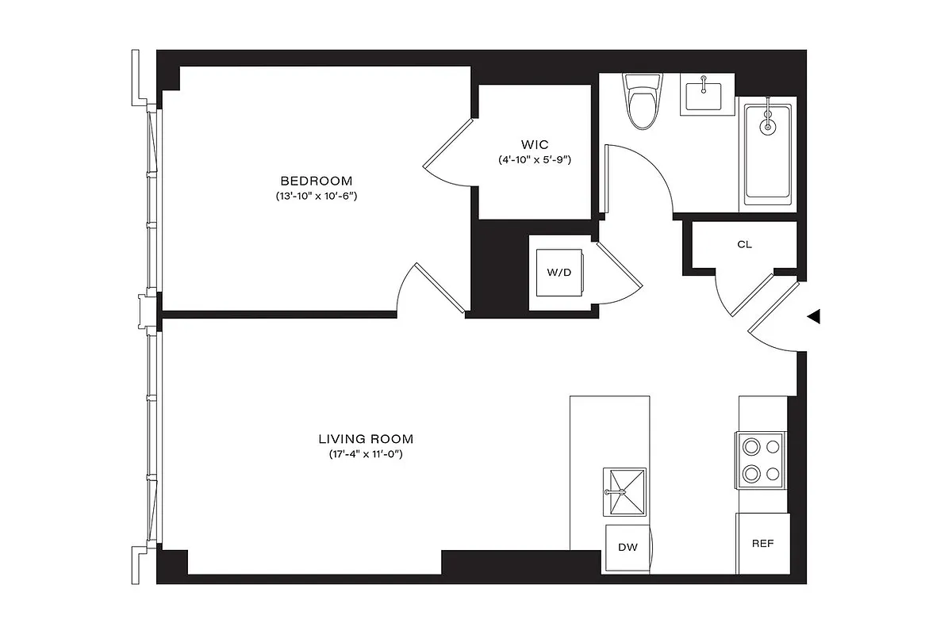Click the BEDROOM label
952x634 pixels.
(316, 181)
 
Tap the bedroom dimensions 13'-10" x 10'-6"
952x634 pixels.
(316, 196)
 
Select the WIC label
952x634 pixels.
(534, 144)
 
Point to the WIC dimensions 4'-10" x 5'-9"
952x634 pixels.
(534, 159)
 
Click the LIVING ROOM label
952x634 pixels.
(366, 438)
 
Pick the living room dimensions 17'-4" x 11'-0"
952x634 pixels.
(366, 454)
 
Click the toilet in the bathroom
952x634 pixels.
(642, 101)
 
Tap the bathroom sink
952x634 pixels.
(703, 95)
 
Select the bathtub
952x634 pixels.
(767, 155)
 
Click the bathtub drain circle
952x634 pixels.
(767, 125)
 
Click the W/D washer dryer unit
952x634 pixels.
(559, 273)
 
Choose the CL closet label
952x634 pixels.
(744, 245)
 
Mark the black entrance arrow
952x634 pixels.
(813, 317)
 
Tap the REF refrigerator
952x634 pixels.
(762, 544)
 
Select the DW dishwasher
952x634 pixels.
(628, 548)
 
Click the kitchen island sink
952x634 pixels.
(624, 491)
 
